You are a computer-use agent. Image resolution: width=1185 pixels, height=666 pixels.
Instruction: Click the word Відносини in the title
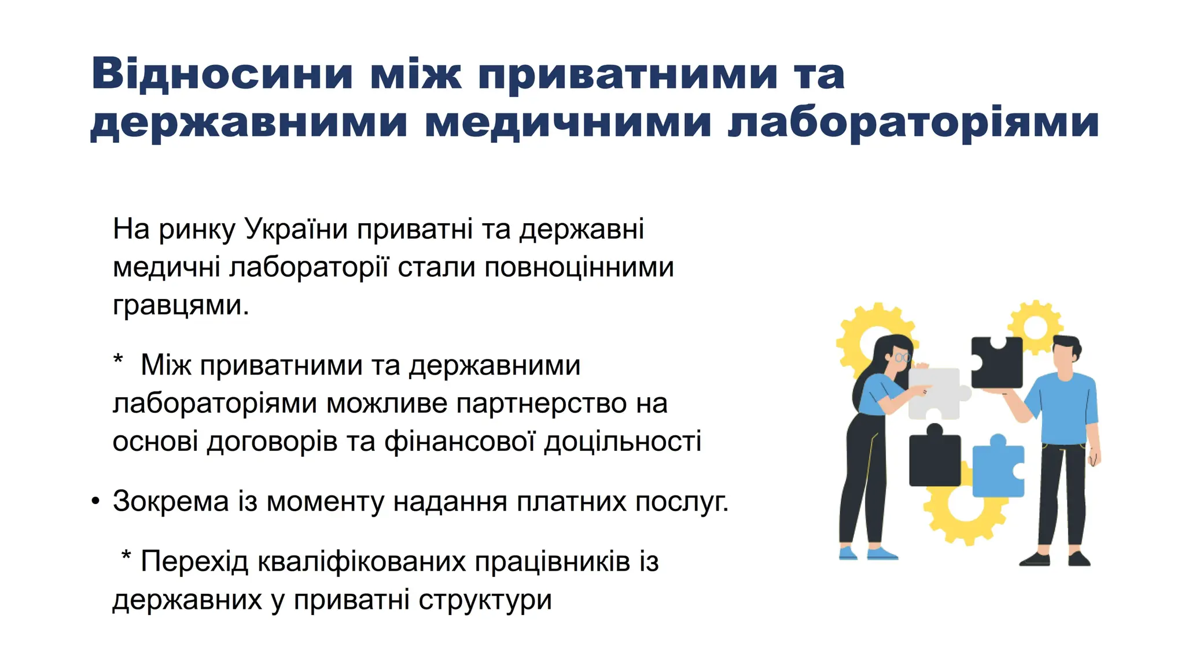click(222, 73)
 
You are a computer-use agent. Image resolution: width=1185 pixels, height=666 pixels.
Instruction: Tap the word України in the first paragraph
click(296, 229)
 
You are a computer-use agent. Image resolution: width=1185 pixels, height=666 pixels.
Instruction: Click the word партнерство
click(541, 404)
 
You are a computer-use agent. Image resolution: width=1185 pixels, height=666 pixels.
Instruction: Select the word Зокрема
click(171, 501)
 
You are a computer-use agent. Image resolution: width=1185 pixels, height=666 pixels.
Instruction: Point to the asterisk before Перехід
click(126, 556)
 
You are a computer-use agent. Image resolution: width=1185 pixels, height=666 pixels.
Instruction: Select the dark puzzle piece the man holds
click(996, 363)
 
